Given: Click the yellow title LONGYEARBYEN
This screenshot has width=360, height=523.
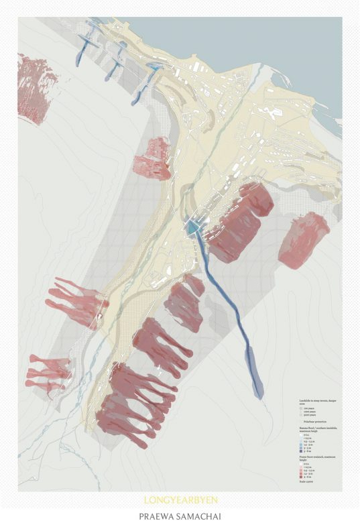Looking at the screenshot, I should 180,500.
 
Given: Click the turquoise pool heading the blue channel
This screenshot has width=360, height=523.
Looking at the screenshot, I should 192,229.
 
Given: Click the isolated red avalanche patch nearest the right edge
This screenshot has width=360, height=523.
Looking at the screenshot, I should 304,239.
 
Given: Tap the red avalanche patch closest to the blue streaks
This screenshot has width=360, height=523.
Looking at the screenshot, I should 153,158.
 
